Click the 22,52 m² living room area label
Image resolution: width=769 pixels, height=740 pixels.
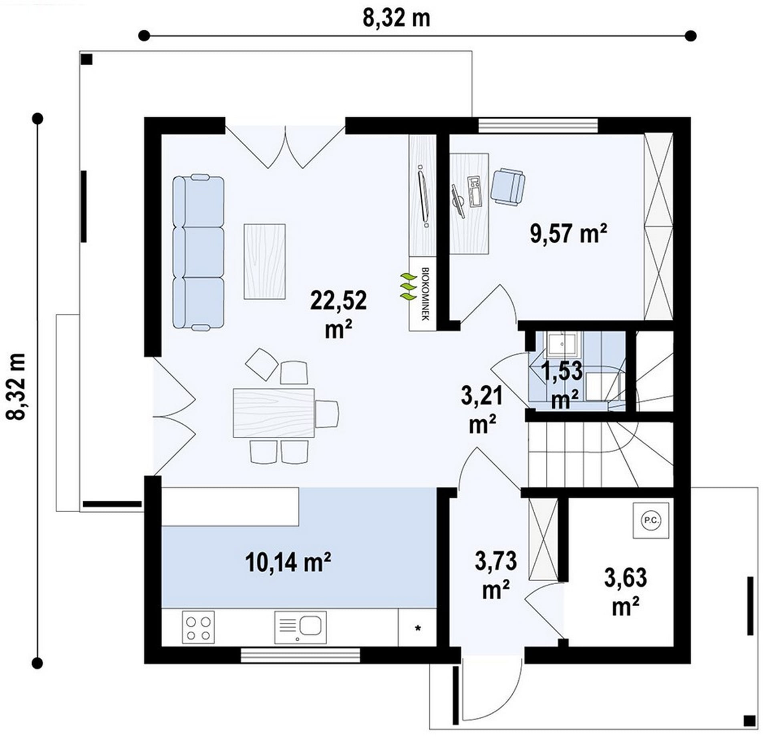[x=338, y=315]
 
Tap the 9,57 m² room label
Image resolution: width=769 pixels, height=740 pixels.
[x=568, y=233]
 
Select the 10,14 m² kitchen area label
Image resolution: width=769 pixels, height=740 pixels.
[x=288, y=562]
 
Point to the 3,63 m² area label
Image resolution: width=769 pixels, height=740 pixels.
[x=625, y=592]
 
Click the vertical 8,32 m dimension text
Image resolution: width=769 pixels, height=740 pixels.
[x=16, y=386]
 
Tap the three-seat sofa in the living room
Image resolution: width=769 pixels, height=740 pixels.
[x=198, y=253]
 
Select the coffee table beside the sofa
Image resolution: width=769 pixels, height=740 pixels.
[x=264, y=261]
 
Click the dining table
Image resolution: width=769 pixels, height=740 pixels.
[x=274, y=412]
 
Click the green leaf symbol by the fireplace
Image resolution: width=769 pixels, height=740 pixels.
[x=409, y=287]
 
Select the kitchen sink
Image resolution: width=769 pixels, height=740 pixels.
[x=300, y=627]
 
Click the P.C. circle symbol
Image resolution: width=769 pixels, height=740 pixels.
[x=651, y=520]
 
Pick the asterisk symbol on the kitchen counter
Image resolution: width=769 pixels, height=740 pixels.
[x=418, y=628]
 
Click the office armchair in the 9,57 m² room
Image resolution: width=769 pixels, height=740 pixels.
[x=508, y=187]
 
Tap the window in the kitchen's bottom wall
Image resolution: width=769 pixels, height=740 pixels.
[x=300, y=655]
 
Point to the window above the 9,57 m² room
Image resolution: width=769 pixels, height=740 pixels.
[x=538, y=125]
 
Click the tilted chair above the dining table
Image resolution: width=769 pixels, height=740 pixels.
[x=262, y=364]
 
